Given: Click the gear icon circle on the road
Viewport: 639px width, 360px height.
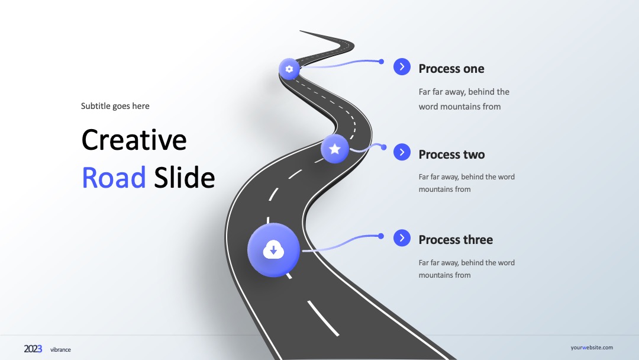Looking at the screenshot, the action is coord(289,69).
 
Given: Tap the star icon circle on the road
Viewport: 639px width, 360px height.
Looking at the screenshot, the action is coord(334,149).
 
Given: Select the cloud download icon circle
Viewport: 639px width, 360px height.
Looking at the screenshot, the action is coord(273,250).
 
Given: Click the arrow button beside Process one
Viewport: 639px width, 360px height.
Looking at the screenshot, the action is coord(402,66).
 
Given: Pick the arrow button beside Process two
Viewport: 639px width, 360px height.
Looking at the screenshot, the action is coord(402,152).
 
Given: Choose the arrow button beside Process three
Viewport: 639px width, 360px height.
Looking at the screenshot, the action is coord(402,237).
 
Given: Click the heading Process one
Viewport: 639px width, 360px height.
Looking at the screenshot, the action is coord(451,69).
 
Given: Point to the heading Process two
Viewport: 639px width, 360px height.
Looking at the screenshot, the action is coord(451,155).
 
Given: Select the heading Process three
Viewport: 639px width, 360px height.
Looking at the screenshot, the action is coord(456,240).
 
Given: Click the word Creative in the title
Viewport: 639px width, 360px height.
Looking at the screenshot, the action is coord(134,140).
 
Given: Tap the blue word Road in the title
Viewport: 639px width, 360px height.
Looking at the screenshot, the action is coord(114,178).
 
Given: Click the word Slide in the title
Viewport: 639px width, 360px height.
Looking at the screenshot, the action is coord(184,178).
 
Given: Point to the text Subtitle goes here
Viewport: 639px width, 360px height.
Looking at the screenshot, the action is coord(115,106).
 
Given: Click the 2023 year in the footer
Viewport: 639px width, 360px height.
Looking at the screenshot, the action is coord(33,349).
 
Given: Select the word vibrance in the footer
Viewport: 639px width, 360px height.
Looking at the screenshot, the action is coord(60,350).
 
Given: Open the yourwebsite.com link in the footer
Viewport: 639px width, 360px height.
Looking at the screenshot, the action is coord(592,348).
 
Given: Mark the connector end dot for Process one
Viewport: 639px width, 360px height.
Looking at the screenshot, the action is coord(381,62).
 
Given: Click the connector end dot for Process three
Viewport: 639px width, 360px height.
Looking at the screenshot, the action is coord(381,236).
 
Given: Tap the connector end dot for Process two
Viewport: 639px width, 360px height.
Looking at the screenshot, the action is coord(383,147).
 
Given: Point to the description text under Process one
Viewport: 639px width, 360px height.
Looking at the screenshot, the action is coord(464,99).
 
